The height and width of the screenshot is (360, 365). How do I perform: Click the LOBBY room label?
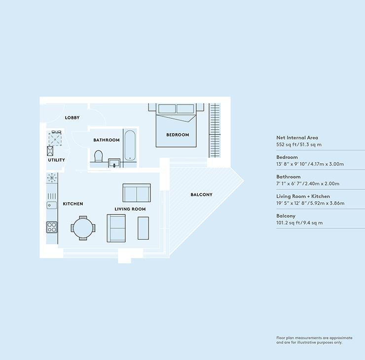click(x=72, y=118)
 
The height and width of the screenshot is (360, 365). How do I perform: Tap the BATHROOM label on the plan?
click(x=107, y=140)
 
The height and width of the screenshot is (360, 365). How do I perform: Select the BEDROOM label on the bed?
click(x=178, y=135)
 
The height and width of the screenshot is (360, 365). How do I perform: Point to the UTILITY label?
click(x=56, y=160)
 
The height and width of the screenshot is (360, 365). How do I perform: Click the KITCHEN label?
click(x=73, y=204)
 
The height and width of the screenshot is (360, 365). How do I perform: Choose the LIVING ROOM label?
click(x=130, y=209)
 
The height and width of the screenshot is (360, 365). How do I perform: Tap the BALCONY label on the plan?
click(x=201, y=195)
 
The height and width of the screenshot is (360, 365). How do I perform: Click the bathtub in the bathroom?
click(x=130, y=145)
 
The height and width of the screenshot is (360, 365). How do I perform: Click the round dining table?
click(x=83, y=228)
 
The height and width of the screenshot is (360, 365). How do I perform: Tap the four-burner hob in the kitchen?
click(x=52, y=227)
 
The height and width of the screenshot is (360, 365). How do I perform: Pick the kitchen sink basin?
click(x=52, y=205)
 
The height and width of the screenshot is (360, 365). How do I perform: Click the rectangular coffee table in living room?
click(x=143, y=228)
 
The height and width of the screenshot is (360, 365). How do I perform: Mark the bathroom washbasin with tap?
click(x=114, y=163)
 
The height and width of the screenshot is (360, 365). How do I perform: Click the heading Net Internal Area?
click(x=297, y=138)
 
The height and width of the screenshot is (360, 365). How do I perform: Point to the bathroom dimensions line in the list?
click(x=308, y=183)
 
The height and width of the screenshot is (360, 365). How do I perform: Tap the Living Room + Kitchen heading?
click(x=303, y=196)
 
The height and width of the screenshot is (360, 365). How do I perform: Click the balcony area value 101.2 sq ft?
click(x=288, y=223)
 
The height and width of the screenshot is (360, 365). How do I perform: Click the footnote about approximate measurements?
click(x=314, y=340)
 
